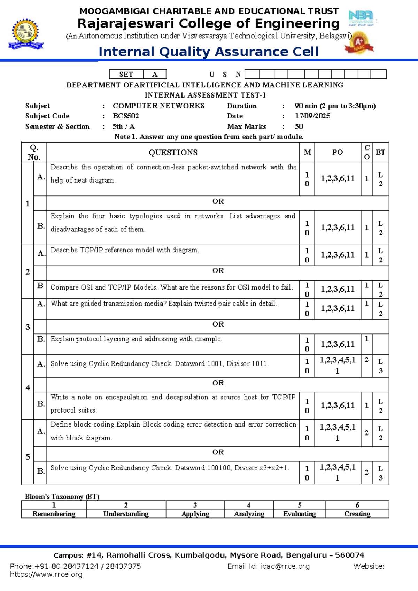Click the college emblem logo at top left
[26, 34]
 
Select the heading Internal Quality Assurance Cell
[208, 52]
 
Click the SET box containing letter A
[155, 74]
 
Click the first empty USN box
[252, 74]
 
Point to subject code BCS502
[126, 116]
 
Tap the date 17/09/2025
[312, 116]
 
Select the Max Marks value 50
[299, 126]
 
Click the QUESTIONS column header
[173, 152]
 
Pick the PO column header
[337, 152]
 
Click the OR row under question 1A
[218, 201]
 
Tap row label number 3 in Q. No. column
[28, 327]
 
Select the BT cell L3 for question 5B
[380, 473]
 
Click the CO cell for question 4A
[366, 360]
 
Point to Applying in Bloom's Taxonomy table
[195, 514]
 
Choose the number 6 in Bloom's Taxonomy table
[357, 505]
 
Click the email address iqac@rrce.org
[285, 566]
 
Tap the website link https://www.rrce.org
[46, 574]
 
